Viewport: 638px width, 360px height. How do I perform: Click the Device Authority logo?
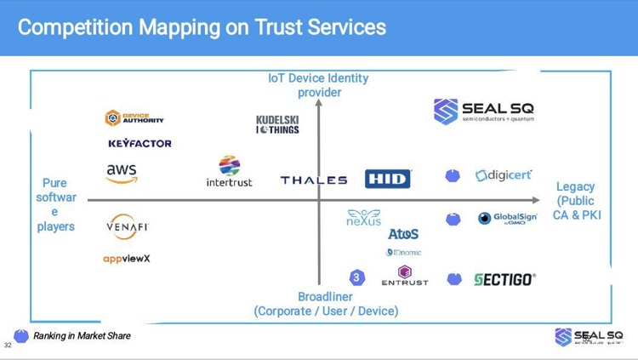point(134,118)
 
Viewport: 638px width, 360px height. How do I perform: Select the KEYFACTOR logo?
point(140,144)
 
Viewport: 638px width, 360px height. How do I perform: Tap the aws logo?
point(122,173)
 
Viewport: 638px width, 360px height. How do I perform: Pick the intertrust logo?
point(230,171)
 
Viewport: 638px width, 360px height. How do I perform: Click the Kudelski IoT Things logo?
point(277,124)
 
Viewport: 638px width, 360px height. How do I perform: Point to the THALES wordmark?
point(314,180)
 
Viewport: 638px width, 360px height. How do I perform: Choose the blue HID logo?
point(388,179)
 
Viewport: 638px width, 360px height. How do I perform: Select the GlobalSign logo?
point(507,219)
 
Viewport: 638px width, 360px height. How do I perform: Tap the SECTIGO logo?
point(504,279)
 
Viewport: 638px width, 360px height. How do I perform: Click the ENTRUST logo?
point(405,277)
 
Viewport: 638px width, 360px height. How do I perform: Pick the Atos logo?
point(403,234)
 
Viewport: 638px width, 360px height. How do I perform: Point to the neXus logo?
point(363,218)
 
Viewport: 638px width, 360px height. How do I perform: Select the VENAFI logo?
point(128,226)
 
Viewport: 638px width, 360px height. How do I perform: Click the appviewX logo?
point(127,259)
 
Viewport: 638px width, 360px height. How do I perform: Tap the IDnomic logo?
point(403,253)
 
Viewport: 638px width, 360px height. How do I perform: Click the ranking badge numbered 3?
point(357,277)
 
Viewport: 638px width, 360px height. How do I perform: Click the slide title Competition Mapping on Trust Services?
point(202,27)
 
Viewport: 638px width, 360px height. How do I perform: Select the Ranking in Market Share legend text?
point(82,336)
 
